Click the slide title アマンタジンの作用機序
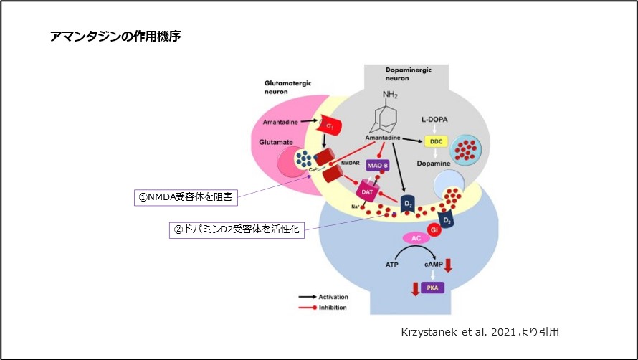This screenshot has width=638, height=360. point(115,36)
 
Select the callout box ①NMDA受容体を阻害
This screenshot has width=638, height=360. point(185,196)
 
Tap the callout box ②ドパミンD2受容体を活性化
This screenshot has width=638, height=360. point(237,229)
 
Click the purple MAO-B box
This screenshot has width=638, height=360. point(377,164)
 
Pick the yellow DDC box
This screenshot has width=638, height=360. point(435,143)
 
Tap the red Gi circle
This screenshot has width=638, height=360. point(433,229)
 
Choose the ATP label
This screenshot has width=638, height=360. point(391,265)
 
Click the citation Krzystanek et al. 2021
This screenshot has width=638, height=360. point(480,333)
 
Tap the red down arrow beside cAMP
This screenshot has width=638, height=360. point(448,265)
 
